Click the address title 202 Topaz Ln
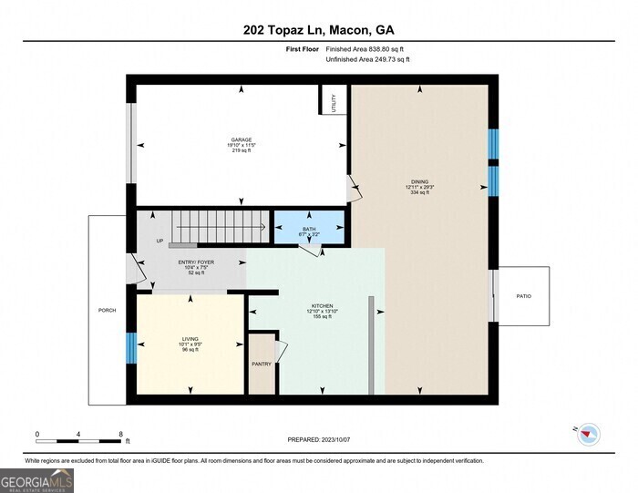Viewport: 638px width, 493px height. tap(318, 29)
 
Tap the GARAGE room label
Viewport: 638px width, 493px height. tap(241, 140)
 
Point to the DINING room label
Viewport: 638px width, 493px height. tap(419, 182)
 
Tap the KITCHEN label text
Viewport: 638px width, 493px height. tap(323, 306)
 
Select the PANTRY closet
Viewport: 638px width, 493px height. tap(262, 364)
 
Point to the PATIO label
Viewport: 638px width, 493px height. tap(523, 296)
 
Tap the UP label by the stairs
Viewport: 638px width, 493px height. tap(159, 241)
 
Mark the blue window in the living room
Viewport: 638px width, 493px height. tap(130, 346)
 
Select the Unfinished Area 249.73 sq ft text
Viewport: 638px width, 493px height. tap(367, 59)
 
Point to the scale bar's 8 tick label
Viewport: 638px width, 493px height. tap(120, 434)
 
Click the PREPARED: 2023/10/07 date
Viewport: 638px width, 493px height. tap(319, 439)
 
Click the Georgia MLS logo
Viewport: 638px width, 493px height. tap(37, 479)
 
